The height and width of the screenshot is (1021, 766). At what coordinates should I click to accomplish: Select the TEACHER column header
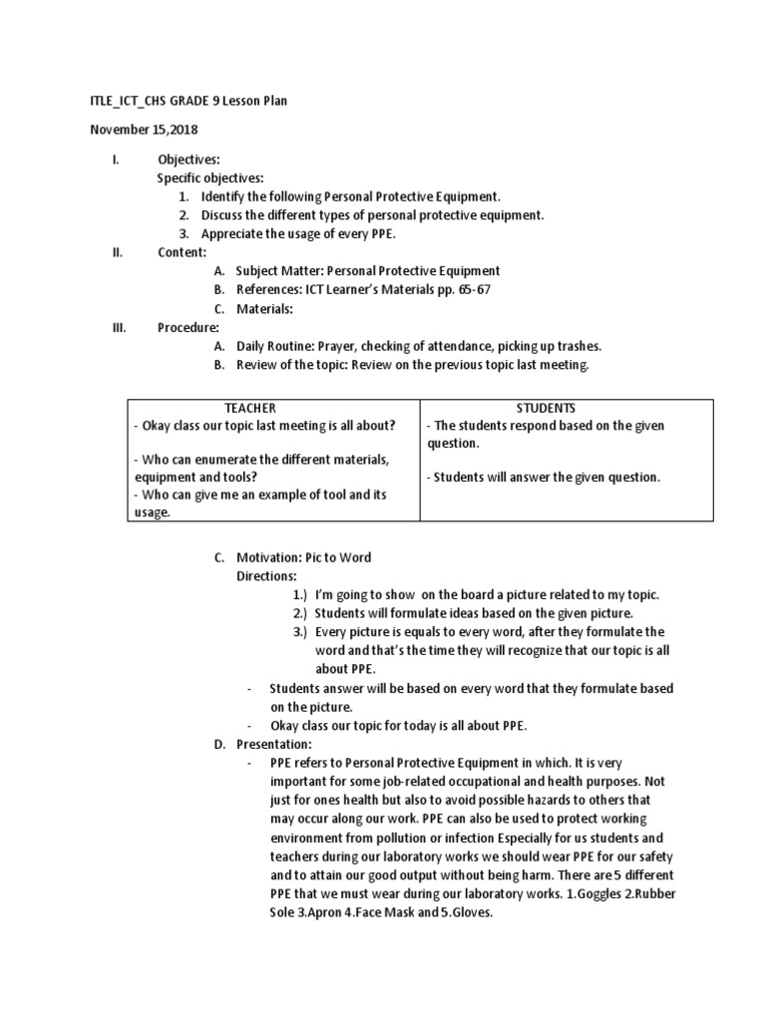pos(249,408)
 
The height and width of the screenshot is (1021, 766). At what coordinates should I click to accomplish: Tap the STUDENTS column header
pos(546,408)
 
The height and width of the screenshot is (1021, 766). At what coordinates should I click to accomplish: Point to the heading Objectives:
pos(189,160)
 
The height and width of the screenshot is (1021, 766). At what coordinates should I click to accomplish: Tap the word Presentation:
pos(274,744)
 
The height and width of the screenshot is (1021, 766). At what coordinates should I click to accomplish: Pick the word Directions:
pos(266,575)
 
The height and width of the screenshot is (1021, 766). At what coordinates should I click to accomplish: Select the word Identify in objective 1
pos(224,196)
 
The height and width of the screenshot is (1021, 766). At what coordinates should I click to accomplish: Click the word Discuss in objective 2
pos(224,215)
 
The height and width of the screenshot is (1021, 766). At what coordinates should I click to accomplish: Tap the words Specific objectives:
pos(210,177)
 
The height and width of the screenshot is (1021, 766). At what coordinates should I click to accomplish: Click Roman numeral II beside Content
pos(117,252)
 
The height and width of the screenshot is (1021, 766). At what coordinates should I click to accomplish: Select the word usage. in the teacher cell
pos(152,512)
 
